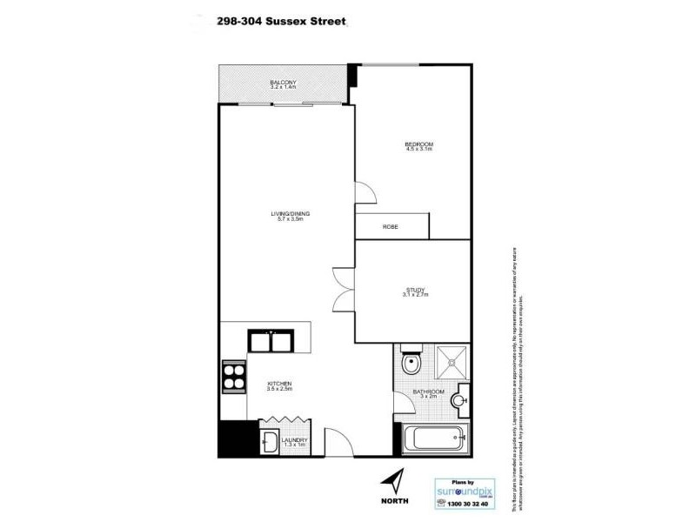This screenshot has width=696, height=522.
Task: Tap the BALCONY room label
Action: point(284,84)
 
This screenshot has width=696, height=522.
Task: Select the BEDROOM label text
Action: point(418,146)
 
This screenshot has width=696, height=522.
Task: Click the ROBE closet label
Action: point(391,227)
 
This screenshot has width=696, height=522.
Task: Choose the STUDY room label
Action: point(416,293)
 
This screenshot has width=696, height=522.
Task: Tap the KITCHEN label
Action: point(279,385)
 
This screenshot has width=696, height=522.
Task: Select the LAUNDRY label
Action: point(293,443)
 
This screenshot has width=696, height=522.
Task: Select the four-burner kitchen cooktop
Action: point(233,376)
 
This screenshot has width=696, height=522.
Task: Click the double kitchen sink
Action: point(272,340)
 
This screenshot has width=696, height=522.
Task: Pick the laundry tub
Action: point(269,443)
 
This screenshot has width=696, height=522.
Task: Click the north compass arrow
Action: point(395,480)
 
